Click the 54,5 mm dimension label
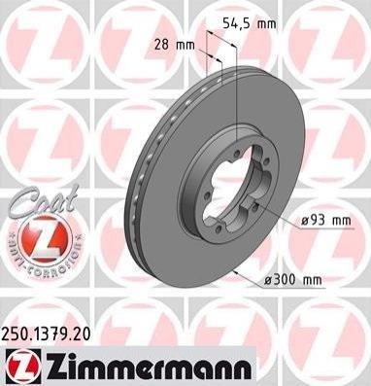(250, 23)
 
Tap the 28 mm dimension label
(175, 45)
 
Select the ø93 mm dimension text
(325, 221)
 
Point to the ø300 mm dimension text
(293, 279)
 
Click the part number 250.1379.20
(46, 334)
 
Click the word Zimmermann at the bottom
(148, 367)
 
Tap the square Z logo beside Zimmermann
(23, 367)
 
